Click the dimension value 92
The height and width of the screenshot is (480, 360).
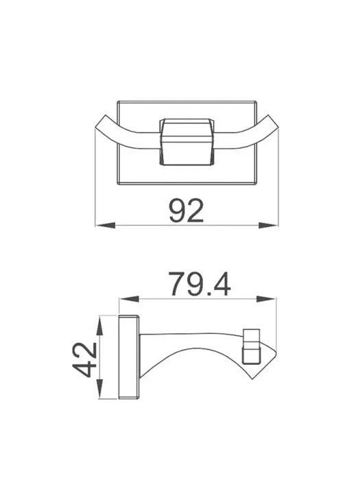[187, 211]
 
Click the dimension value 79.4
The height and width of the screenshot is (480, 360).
[200, 284]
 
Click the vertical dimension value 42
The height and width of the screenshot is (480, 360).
[85, 359]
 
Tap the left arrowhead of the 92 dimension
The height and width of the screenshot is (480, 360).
[106, 226]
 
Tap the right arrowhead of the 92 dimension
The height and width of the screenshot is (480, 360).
[269, 226]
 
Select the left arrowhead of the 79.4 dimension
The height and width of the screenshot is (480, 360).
[129, 299]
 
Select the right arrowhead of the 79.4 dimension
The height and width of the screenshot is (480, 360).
[266, 299]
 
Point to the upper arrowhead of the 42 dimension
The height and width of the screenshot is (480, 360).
[99, 326]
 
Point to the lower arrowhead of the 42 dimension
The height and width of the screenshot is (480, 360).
[99, 389]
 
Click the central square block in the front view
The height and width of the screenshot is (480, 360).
[185, 142]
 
